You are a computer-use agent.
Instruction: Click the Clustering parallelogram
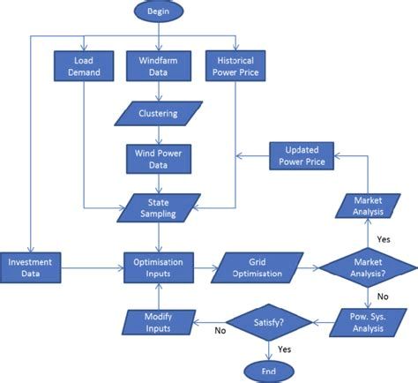(159, 113)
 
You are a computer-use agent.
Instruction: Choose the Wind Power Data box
(159, 159)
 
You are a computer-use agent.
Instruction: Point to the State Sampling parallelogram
(159, 208)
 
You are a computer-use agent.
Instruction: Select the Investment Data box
(30, 267)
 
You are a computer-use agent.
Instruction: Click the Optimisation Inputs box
(159, 267)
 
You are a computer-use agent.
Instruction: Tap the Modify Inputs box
(159, 323)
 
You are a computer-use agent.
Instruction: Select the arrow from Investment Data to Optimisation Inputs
(93, 267)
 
